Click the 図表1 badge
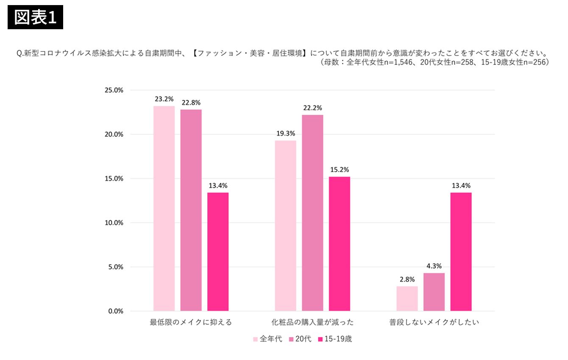click(35, 17)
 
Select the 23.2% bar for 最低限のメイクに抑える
click(164, 208)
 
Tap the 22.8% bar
click(191, 210)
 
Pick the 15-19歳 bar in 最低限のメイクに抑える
click(218, 252)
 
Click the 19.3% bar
click(286, 226)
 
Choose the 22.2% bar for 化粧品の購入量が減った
click(312, 213)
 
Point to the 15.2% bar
click(340, 244)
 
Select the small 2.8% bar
click(407, 299)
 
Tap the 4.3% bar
click(434, 292)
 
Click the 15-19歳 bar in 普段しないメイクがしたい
click(461, 252)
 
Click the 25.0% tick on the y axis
click(114, 90)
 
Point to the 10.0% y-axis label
click(114, 223)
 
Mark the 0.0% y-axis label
click(116, 311)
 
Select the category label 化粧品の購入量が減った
click(312, 322)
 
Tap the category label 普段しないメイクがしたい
click(434, 322)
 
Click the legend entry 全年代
click(267, 339)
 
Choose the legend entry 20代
click(300, 339)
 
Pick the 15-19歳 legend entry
click(335, 339)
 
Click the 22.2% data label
click(312, 108)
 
